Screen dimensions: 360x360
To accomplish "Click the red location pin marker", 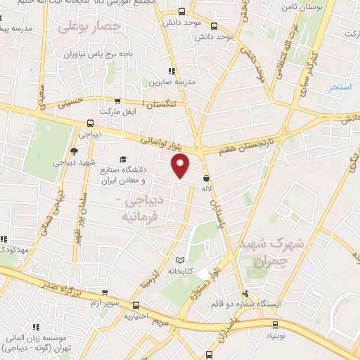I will coord(181,166).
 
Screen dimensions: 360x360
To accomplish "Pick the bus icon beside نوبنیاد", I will coord(274,324).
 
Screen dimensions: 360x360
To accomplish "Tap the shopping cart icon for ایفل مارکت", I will coord(117,101).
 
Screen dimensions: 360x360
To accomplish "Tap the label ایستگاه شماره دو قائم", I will coord(247,305).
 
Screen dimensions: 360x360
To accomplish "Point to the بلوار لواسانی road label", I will coord(162,142).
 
